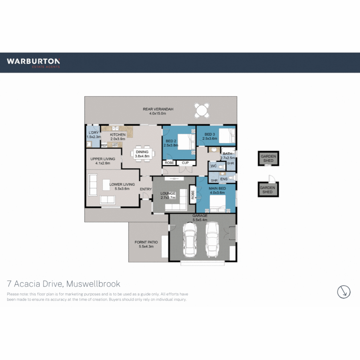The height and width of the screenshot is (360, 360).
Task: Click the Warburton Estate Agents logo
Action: [33, 63]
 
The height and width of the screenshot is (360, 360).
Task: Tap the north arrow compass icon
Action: [344, 292]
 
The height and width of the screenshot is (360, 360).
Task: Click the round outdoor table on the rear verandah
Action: [202, 110]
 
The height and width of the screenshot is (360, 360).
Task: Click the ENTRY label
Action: [146, 189]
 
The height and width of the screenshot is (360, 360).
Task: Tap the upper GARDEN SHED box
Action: [268, 158]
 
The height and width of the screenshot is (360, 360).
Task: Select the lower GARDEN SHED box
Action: [267, 190]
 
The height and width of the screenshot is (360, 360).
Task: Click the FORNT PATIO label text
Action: [146, 242]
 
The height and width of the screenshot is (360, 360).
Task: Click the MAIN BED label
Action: [217, 188]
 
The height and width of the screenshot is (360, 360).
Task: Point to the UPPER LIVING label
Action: [103, 159]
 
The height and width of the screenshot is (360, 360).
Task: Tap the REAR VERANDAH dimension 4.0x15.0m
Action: [158, 114]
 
